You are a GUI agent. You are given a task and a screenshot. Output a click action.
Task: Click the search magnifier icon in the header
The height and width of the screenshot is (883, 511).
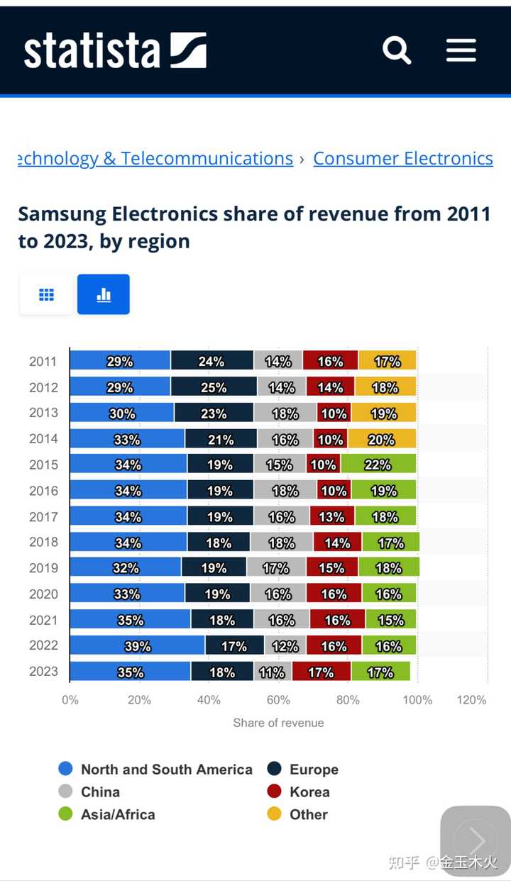pos(397,50)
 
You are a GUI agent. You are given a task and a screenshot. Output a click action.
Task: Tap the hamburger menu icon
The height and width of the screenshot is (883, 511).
pos(461,50)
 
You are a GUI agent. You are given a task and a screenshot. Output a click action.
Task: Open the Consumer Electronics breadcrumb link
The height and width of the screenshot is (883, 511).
pos(402,158)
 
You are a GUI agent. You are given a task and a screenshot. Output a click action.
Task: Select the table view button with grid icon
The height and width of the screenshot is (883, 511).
pos(46,294)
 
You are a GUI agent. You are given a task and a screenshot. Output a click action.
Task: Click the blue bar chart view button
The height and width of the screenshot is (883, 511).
pos(104,294)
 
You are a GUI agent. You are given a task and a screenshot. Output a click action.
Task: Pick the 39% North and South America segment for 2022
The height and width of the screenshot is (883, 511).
pos(138,645)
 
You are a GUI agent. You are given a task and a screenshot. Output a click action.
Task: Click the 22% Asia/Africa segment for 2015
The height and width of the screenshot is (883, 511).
pos(378,465)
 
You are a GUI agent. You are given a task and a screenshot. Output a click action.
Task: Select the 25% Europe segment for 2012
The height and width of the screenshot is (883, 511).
pos(214,387)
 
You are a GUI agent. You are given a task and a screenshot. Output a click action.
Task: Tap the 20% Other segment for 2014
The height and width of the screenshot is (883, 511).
pos(382,439)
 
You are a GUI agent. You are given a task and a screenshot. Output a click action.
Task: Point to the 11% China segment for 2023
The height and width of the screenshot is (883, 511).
pos(272,672)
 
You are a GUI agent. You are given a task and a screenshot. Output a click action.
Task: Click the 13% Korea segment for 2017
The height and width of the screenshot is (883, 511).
pos(332,516)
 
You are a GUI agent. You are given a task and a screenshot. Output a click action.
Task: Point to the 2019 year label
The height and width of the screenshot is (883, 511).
pos(43,568)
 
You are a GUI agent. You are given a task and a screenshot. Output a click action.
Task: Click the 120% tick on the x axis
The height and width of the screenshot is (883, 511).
pos(472,700)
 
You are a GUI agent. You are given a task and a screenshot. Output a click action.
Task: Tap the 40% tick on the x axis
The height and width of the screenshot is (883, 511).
pos(209,700)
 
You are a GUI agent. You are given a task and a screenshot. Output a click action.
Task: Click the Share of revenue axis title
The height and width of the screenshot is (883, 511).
pos(278,723)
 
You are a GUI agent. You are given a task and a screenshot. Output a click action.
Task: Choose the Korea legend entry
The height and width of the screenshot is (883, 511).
pos(309,792)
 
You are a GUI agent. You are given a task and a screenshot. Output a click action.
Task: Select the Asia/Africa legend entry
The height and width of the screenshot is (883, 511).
pos(117,814)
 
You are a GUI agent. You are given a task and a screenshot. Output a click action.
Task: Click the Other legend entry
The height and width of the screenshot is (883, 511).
pos(308,814)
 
